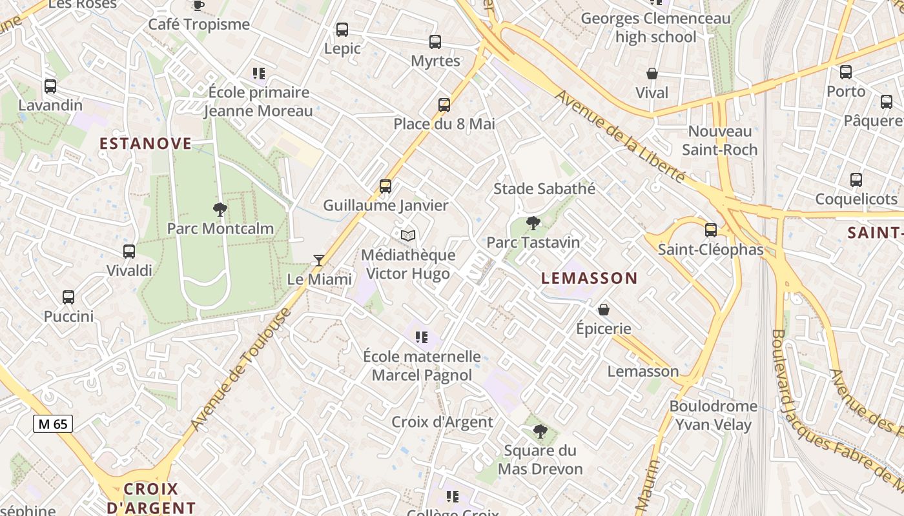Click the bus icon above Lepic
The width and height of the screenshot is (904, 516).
pos(342,30)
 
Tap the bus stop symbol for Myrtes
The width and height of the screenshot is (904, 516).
pos(435,42)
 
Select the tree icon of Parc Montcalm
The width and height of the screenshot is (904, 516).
pos(220,209)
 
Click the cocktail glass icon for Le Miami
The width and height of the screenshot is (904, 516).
pos(318,261)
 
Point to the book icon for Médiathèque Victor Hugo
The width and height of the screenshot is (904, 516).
pos(407,236)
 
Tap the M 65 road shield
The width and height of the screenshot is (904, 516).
pos(53,424)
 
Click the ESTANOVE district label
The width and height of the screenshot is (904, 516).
pos(145,143)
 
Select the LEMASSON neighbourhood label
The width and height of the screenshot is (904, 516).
pos(589,279)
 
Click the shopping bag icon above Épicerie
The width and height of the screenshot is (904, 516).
pos(604,310)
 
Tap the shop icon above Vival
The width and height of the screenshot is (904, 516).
pos(652,74)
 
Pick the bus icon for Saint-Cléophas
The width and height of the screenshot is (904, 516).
pos(711,230)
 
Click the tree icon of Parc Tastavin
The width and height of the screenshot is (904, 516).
pos(533,224)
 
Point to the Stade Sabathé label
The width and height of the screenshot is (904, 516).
pos(544,189)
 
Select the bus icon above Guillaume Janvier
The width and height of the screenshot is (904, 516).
pos(385,186)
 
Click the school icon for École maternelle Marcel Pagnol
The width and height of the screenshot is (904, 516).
pos(422,337)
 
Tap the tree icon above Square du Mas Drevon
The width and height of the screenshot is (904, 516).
pos(540,431)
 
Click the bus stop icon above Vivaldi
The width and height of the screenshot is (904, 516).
pos(129,252)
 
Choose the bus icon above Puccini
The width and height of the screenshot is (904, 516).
pos(68,297)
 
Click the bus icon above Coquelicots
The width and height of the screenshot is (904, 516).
pos(856,180)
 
